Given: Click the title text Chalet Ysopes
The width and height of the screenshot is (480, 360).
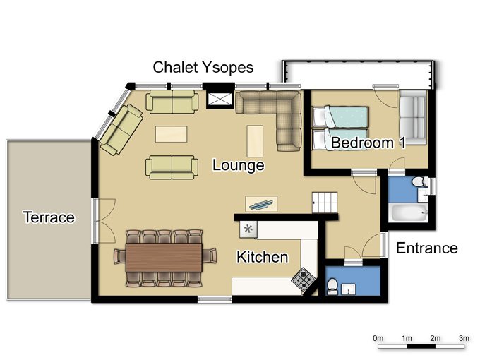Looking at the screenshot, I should point(203,68).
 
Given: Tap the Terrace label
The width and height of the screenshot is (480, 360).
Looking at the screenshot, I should point(49,217).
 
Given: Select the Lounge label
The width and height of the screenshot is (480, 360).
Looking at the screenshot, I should point(239,166).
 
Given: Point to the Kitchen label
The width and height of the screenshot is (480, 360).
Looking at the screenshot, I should point(262,257).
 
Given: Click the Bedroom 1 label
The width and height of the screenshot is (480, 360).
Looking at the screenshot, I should point(368,143).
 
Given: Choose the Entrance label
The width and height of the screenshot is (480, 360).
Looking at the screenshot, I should point(426,248).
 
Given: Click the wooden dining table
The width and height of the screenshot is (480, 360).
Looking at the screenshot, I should point(170,257).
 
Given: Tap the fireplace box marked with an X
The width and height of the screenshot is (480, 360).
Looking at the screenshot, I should point(219,98).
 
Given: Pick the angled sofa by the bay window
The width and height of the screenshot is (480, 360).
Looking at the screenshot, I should point(121,128).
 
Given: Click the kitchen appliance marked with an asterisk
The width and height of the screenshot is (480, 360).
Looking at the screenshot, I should point(248,228).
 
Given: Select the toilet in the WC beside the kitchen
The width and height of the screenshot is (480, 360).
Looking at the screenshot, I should point(332,284).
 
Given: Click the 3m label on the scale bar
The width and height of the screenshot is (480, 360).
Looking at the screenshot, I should point(464,338).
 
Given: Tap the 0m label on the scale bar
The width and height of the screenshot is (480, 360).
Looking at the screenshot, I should point(378,338).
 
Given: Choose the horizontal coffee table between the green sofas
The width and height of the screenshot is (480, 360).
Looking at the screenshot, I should point(172,133).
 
